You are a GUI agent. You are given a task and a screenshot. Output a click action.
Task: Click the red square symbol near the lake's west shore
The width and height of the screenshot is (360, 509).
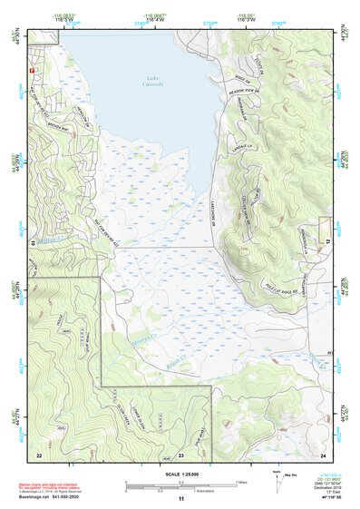33,69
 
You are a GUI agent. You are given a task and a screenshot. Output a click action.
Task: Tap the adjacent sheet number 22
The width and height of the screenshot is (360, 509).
39,454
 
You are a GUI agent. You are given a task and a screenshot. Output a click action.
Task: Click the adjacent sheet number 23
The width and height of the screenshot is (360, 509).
180,454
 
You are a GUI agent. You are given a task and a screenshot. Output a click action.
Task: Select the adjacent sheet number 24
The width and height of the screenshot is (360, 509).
323,454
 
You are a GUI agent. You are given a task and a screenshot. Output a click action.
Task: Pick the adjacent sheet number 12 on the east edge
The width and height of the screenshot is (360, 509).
328,240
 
